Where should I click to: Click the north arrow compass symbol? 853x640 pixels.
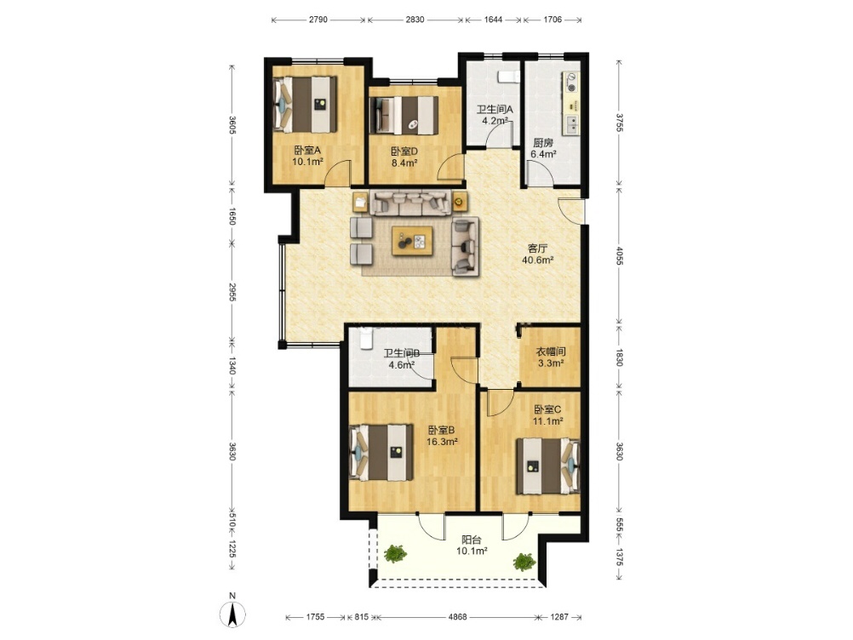(x=232, y=615)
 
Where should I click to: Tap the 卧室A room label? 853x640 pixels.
(x=307, y=151)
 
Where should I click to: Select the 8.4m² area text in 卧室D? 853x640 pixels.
(x=404, y=163)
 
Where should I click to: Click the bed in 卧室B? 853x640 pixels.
(x=381, y=453)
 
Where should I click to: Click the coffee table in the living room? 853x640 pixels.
(x=412, y=240)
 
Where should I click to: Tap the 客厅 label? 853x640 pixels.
(x=537, y=249)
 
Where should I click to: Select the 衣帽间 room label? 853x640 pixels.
(x=551, y=351)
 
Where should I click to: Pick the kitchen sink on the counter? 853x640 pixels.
(x=571, y=125)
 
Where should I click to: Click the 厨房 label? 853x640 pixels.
(x=543, y=143)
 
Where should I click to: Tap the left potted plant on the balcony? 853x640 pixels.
(x=395, y=553)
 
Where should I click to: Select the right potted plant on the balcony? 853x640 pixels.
(x=524, y=562)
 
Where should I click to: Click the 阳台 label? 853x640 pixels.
(x=471, y=540)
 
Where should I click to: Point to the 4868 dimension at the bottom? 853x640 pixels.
(x=457, y=617)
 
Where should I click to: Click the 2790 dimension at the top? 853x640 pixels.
(x=318, y=20)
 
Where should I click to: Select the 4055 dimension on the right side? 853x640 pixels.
(x=619, y=256)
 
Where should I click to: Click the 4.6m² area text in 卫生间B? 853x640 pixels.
(x=401, y=365)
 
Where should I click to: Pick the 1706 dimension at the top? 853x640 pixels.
(x=552, y=20)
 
